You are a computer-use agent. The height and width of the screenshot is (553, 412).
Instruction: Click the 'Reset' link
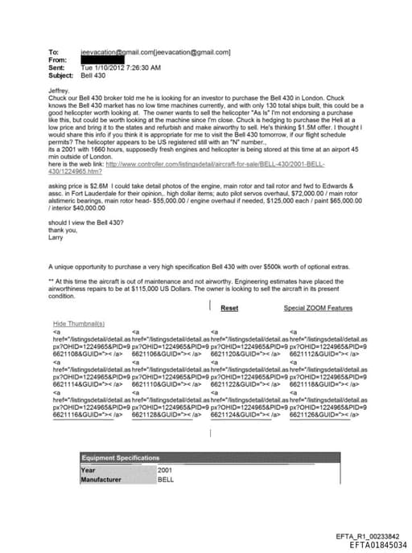(229, 308)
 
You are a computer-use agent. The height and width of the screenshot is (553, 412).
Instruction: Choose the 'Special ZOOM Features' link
(318, 308)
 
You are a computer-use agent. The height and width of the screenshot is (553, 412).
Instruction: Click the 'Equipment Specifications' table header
(120, 457)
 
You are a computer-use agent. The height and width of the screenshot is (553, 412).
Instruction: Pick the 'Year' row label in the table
(89, 469)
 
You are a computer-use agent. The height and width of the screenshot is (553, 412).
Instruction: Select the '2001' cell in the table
(165, 469)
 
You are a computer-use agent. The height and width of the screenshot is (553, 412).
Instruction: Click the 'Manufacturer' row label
(101, 479)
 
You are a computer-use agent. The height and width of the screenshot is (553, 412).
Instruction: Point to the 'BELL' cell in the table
(166, 479)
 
